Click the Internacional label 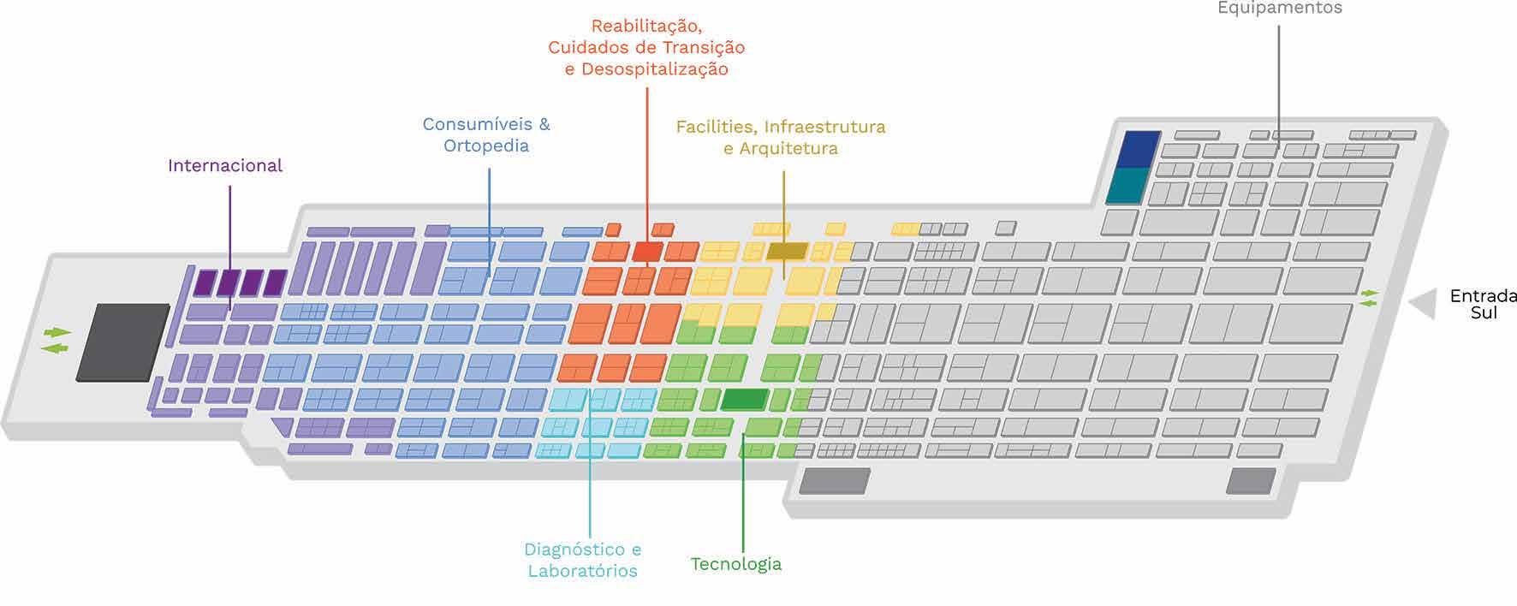tap(224, 165)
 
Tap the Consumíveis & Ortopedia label tap(486, 134)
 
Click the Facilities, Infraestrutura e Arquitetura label tap(781, 137)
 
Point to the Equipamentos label tap(1280, 8)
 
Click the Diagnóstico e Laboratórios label tap(582, 560)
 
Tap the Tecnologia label tap(736, 564)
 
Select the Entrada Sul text tap(1482, 304)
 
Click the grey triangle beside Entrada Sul tap(1425, 304)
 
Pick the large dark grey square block tap(123, 341)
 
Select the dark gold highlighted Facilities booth tap(787, 251)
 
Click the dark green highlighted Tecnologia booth tap(744, 399)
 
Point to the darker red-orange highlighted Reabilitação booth tap(647, 252)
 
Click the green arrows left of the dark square tap(57, 340)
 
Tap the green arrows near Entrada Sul tap(1371, 298)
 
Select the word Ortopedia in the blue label tap(486, 146)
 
